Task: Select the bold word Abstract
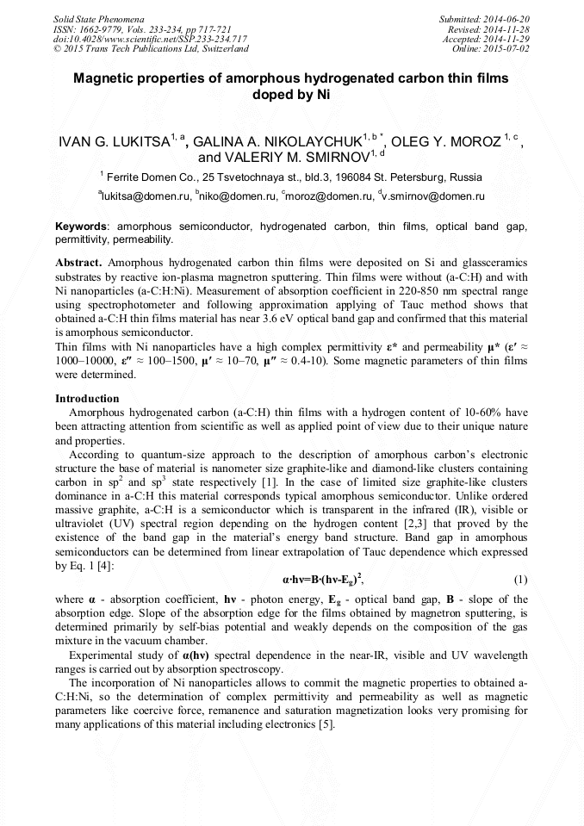(x=78, y=261)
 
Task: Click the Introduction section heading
(x=87, y=399)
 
